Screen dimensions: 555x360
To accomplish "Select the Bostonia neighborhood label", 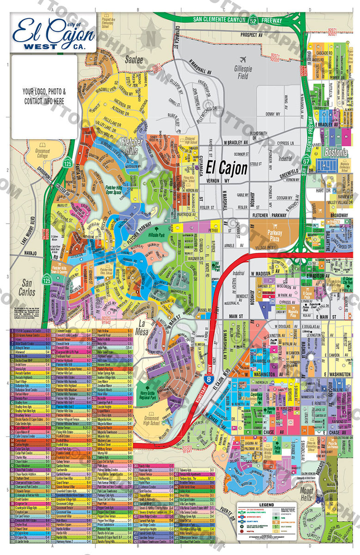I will tap(336, 153).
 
